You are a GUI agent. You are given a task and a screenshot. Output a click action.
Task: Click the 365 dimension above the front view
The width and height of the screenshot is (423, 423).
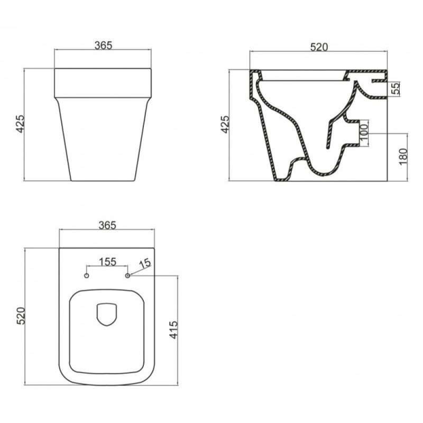103,45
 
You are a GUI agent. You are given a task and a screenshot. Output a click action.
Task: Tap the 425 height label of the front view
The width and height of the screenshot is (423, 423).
20,124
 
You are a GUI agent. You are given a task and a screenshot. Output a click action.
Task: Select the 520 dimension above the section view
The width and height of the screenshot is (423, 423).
319,47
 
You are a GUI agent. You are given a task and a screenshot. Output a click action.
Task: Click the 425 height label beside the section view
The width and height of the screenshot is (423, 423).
225,124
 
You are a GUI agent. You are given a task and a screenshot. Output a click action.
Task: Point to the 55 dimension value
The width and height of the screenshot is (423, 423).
396,88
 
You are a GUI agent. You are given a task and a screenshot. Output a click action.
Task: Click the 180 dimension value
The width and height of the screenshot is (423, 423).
403,157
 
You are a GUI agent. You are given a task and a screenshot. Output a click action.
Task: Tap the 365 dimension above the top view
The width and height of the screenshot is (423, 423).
107,225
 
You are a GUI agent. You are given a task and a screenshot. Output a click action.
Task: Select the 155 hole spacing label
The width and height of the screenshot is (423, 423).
107,262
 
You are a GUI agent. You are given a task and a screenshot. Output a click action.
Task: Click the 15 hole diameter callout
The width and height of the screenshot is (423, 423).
145,263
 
